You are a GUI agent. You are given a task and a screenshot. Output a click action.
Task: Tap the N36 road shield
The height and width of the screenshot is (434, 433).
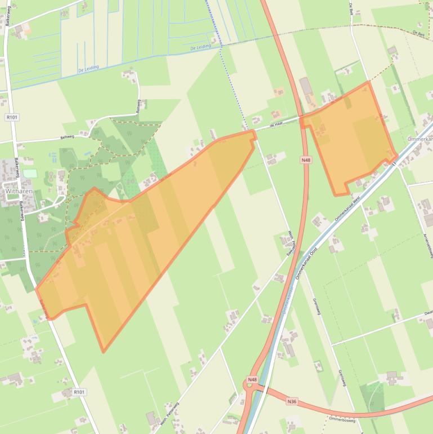(x=291, y=401)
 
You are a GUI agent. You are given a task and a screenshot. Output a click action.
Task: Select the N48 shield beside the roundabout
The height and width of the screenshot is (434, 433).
(x=252, y=380)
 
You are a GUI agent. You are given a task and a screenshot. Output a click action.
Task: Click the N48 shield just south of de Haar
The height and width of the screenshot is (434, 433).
(x=305, y=160)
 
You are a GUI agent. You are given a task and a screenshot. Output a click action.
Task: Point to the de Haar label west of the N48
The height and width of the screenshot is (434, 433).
(x=275, y=125)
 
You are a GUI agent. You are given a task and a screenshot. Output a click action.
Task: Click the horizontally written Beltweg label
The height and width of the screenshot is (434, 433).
(x=68, y=137)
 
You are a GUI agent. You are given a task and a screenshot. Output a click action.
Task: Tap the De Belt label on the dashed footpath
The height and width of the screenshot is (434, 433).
(x=418, y=34)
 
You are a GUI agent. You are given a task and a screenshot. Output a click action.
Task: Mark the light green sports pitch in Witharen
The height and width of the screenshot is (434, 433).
(x=30, y=174)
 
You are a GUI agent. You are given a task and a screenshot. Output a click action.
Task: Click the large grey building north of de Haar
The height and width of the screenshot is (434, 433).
(x=306, y=86)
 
